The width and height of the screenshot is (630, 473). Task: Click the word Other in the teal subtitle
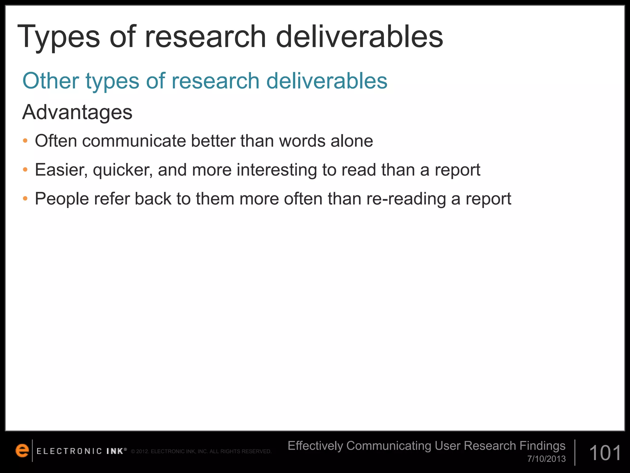pos(51,81)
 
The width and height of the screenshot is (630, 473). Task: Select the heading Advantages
pos(77,112)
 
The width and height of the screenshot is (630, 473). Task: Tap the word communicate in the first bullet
pos(134,141)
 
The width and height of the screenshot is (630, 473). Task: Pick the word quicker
pos(123,170)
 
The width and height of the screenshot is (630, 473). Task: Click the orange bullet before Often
pos(25,141)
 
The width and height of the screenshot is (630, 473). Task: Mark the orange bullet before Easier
pos(25,170)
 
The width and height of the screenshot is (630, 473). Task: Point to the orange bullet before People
pos(25,199)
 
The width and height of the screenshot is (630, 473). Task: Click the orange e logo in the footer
pos(22,451)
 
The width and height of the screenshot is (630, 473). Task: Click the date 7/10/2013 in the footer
pos(546,459)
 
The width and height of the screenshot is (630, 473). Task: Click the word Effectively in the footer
pos(315,446)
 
